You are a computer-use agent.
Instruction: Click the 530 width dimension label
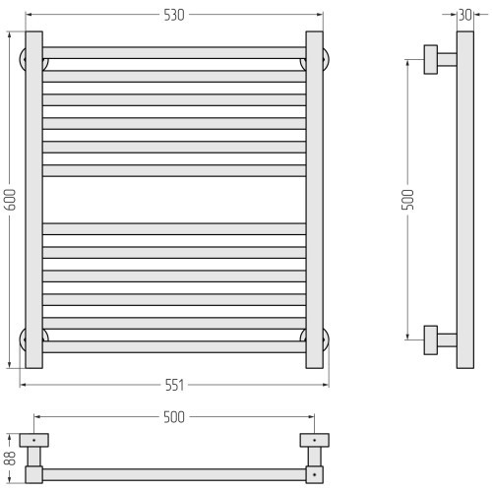pyautogui.click(x=174, y=15)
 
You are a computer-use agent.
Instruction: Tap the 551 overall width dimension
pyautogui.click(x=174, y=385)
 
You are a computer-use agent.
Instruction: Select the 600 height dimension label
pyautogui.click(x=10, y=200)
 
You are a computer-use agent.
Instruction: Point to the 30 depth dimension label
pyautogui.click(x=465, y=15)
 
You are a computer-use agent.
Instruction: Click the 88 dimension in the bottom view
pyautogui.click(x=10, y=458)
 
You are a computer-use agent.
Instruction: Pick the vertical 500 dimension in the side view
pyautogui.click(x=407, y=200)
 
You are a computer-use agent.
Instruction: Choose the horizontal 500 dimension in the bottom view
pyautogui.click(x=174, y=417)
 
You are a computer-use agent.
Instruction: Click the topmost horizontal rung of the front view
pyautogui.click(x=174, y=53)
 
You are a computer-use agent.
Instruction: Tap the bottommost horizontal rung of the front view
pyautogui.click(x=174, y=346)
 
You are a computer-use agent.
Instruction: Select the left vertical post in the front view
pyautogui.click(x=34, y=200)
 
